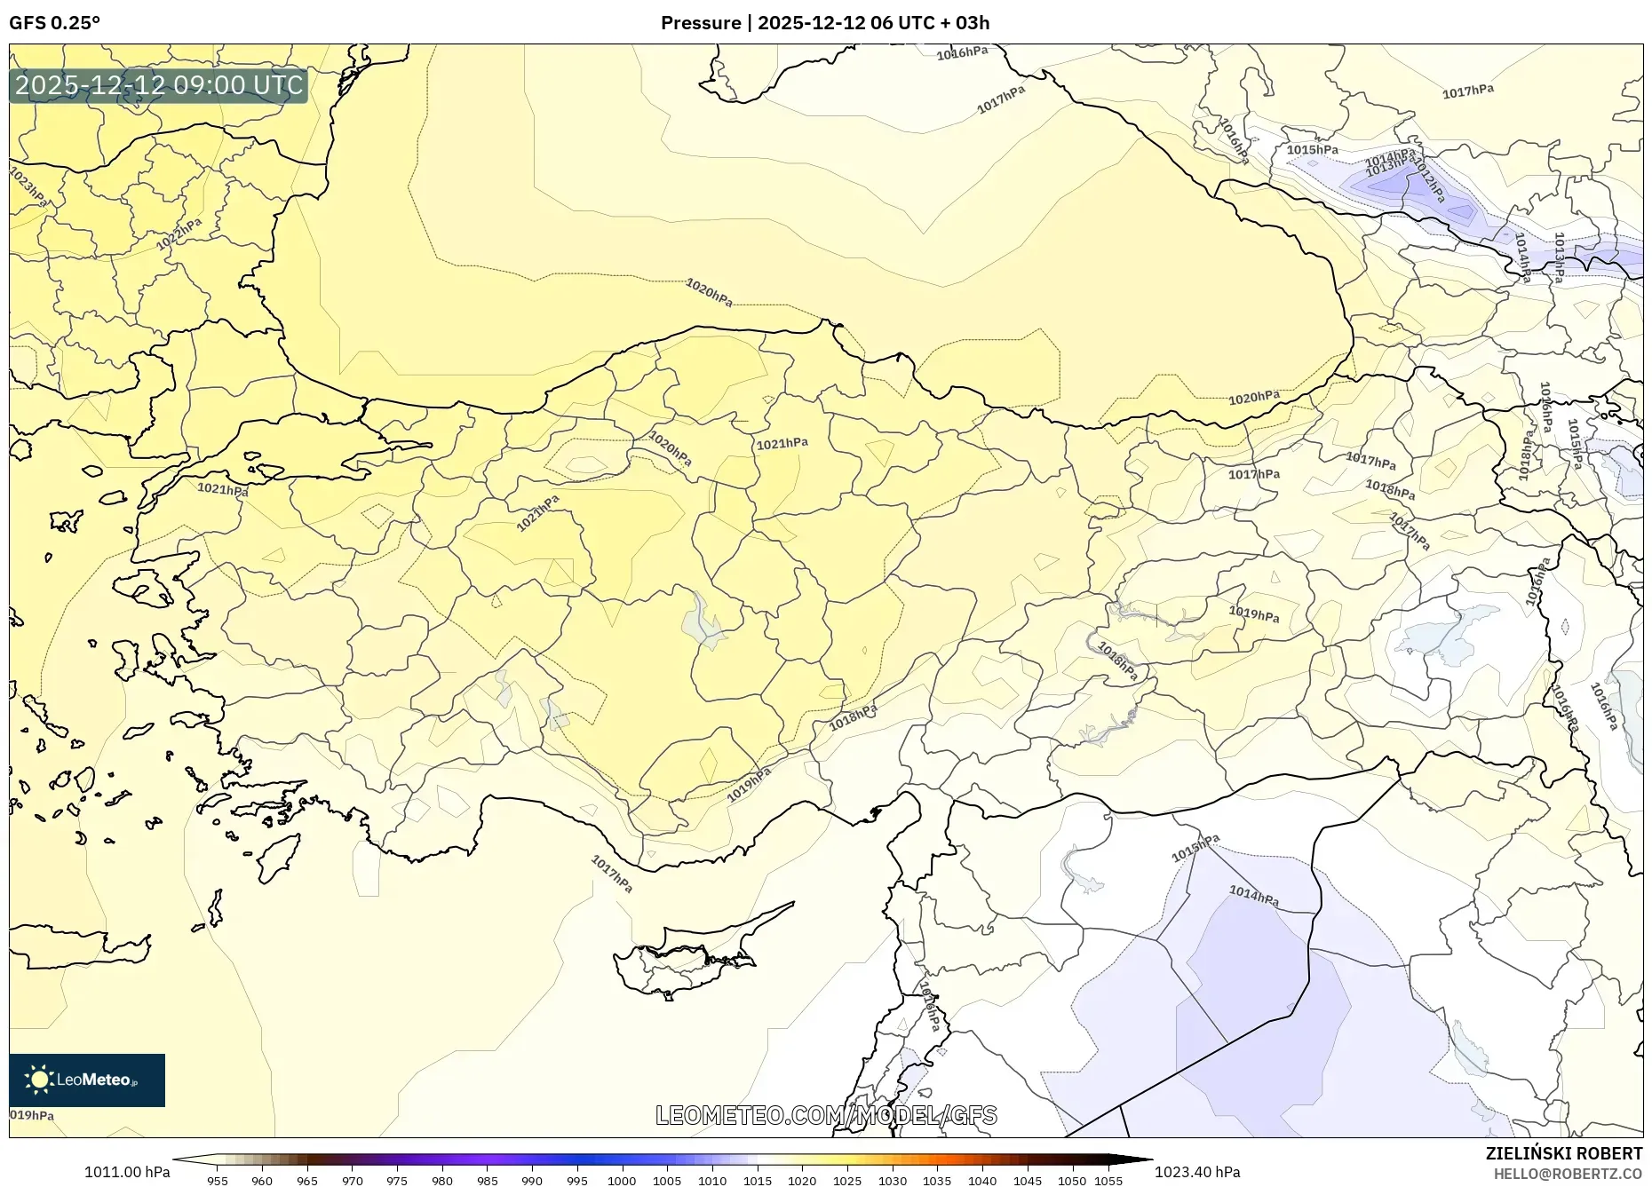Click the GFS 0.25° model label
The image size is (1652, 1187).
[54, 23]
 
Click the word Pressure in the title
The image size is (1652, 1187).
[700, 23]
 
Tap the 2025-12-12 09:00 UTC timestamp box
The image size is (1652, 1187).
[159, 85]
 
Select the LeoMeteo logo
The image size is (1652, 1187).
[87, 1080]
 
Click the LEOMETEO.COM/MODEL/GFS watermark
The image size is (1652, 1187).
[826, 1115]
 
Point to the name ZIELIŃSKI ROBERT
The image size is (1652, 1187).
[1563, 1153]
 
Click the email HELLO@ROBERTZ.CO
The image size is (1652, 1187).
[1568, 1174]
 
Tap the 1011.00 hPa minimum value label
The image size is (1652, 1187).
[127, 1172]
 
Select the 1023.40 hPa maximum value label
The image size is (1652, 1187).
[1197, 1172]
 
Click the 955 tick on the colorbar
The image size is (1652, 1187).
[217, 1181]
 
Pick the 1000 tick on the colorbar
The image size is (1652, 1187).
[622, 1181]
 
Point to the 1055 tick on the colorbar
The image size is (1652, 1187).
[1109, 1181]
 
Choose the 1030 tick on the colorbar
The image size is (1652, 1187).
[893, 1181]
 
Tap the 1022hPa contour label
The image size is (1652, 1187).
[179, 233]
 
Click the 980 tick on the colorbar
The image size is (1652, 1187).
[441, 1181]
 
